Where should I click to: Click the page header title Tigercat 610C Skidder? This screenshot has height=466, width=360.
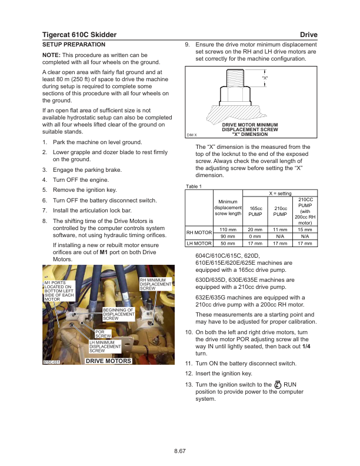[79, 35]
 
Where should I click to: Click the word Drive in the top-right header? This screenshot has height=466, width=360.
[308, 35]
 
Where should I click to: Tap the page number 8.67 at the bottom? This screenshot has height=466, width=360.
[180, 451]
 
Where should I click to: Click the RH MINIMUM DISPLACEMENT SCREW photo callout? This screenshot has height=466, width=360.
[155, 284]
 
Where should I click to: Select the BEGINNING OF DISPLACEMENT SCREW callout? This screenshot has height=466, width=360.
[119, 314]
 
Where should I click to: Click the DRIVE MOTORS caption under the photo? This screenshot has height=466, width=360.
[108, 361]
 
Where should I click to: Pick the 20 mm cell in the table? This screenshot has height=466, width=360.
[255, 229]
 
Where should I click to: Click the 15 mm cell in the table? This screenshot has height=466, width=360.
[305, 229]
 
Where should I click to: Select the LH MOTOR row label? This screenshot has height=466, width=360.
[199, 242]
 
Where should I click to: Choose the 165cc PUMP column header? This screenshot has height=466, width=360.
[255, 211]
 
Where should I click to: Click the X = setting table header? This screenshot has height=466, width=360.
[280, 194]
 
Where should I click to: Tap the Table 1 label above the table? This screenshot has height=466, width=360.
[194, 187]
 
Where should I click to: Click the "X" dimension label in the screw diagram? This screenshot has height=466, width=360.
[265, 78]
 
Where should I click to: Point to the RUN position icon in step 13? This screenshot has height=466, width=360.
[279, 385]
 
